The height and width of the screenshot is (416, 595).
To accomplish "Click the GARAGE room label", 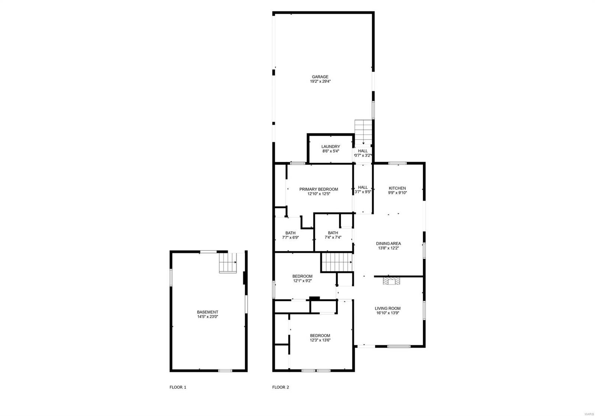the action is pyautogui.click(x=320, y=77).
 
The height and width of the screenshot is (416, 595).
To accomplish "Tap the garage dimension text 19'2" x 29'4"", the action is pyautogui.click(x=320, y=81).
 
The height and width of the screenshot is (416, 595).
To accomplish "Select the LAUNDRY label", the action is pyautogui.click(x=331, y=147).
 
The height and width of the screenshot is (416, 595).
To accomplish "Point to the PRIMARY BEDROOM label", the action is pyautogui.click(x=319, y=189).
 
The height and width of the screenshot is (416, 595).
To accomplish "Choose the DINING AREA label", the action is pyautogui.click(x=388, y=243).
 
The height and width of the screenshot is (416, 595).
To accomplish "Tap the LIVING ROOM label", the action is pyautogui.click(x=388, y=308).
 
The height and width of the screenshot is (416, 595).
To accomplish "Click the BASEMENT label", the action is pyautogui.click(x=208, y=312).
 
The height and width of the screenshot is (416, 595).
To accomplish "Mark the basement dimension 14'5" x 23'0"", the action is pyautogui.click(x=208, y=317).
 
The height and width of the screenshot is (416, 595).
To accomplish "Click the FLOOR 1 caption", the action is pyautogui.click(x=178, y=387).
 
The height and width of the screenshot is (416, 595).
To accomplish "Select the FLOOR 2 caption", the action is pyautogui.click(x=280, y=387).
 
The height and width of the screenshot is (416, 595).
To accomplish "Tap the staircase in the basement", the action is pyautogui.click(x=228, y=263).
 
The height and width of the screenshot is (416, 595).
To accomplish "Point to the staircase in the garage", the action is pyautogui.click(x=363, y=132).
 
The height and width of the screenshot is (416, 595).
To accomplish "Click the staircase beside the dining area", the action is pyautogui.click(x=337, y=262).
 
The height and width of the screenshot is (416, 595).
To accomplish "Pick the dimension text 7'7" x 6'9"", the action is pyautogui.click(x=290, y=238).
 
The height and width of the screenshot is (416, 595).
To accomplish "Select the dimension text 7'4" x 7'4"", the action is pyautogui.click(x=333, y=237).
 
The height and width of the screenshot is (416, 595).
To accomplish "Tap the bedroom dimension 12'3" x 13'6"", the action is pyautogui.click(x=320, y=340).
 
